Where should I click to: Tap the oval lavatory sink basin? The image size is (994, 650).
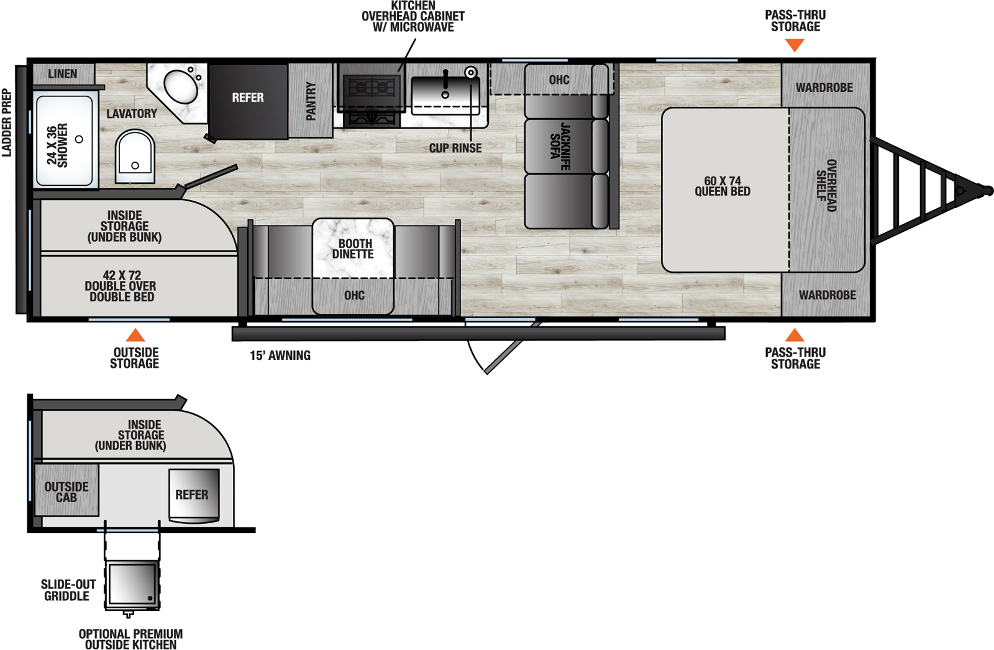[x=180, y=88]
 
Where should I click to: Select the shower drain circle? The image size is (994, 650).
[x=79, y=139]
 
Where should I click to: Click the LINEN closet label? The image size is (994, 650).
[x=63, y=74]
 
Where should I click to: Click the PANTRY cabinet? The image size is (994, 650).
[x=311, y=101]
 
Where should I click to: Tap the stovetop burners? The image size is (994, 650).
[x=372, y=87]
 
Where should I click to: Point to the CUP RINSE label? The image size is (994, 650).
[x=455, y=149]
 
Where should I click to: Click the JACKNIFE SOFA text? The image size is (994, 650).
[x=559, y=146]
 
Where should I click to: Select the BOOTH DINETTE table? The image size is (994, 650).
[x=353, y=249]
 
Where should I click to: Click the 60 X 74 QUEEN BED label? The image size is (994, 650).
[x=723, y=186]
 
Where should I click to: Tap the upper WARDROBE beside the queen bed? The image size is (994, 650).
[x=824, y=88]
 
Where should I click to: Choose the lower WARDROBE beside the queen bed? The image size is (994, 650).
[x=827, y=295]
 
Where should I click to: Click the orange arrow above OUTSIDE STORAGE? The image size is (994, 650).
[x=135, y=336]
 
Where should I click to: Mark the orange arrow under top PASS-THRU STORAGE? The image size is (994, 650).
[x=795, y=45]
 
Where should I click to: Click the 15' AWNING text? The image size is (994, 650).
[x=280, y=355]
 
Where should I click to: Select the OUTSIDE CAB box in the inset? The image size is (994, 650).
[x=66, y=492]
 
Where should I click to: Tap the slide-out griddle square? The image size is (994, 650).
[x=132, y=584]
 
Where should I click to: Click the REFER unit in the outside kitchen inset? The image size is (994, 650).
[x=193, y=495]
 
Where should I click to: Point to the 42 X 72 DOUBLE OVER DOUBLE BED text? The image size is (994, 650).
[x=121, y=286]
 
